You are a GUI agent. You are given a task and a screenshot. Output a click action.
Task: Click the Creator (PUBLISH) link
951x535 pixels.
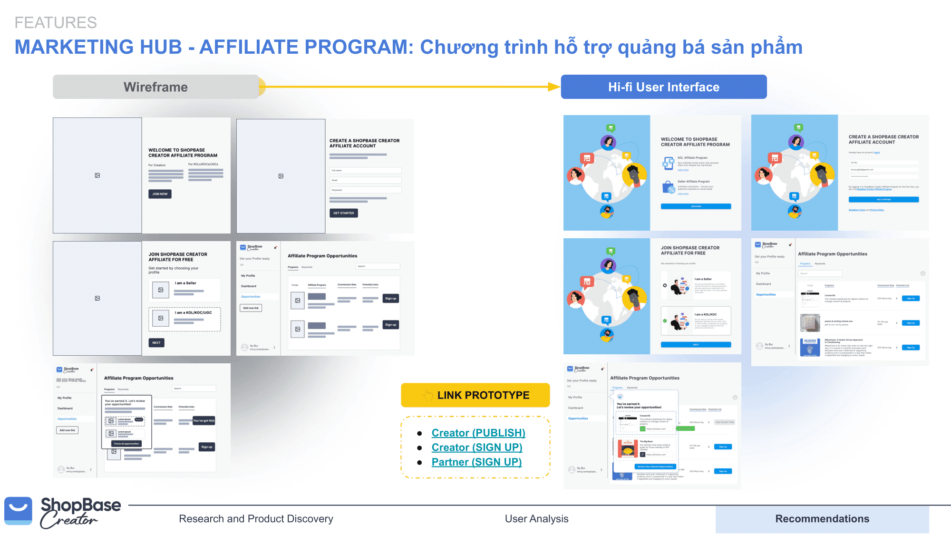(478, 433)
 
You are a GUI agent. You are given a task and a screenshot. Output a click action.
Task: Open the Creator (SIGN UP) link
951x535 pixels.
(476, 447)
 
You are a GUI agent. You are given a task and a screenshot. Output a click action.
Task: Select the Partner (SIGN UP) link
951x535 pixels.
(476, 462)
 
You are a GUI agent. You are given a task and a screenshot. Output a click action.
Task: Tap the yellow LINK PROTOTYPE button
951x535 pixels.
(475, 395)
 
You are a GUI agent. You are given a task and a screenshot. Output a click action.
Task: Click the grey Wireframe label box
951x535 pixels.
(155, 87)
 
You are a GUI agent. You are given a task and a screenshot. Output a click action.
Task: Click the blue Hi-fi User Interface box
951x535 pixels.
(664, 87)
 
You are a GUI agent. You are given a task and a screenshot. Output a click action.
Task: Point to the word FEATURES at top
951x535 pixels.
(56, 22)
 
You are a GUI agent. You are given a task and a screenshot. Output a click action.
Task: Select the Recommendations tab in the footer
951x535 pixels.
(822, 519)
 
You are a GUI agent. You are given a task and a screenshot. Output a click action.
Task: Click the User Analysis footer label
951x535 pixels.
(536, 519)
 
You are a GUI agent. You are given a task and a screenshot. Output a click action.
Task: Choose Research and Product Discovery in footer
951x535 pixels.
(256, 519)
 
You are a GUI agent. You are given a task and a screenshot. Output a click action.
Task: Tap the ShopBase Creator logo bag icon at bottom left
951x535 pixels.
(19, 511)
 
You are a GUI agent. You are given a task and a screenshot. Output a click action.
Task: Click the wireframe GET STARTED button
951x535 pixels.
(343, 213)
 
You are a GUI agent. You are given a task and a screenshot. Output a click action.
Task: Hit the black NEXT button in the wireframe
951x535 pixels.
(156, 342)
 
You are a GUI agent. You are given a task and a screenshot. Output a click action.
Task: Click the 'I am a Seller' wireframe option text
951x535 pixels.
(185, 283)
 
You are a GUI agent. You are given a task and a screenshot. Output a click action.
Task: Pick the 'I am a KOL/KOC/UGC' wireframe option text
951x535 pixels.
(193, 312)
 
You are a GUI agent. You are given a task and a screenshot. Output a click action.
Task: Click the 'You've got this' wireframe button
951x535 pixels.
(204, 420)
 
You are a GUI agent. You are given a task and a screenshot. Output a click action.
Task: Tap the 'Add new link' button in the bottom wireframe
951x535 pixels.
(67, 430)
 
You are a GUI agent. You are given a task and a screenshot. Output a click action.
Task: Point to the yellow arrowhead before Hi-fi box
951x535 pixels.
(554, 87)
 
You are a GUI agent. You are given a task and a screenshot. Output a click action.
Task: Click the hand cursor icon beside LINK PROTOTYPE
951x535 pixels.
(427, 395)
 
